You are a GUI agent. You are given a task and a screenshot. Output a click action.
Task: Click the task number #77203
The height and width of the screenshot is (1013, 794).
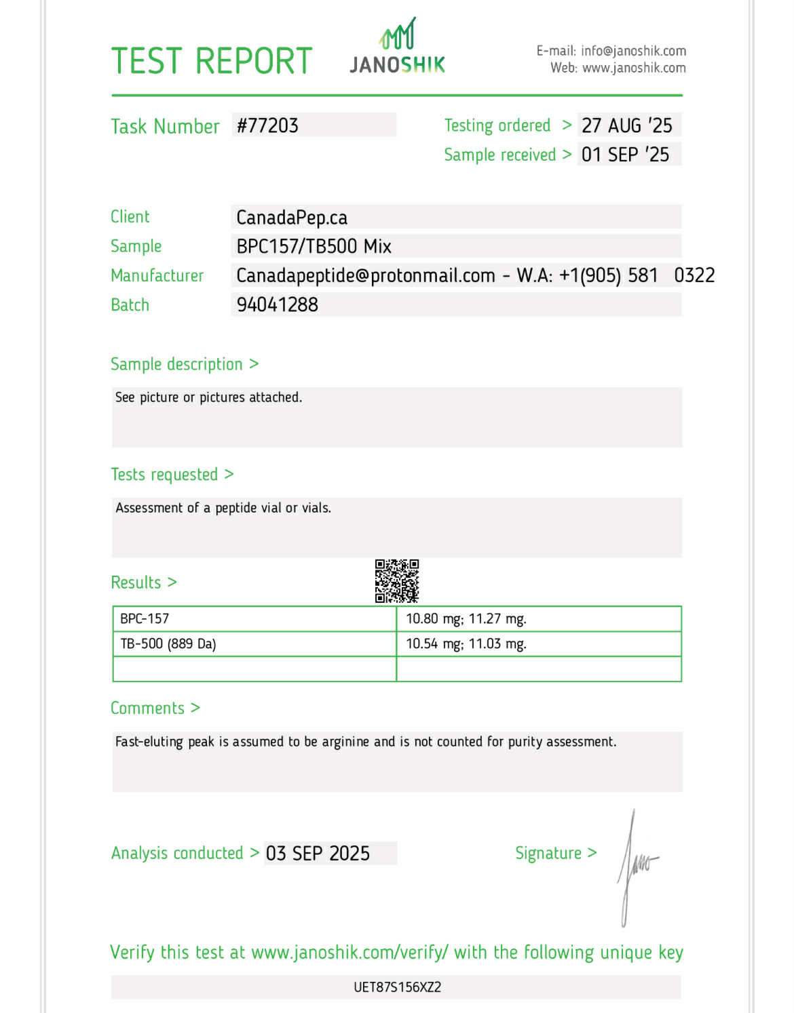pyautogui.click(x=267, y=125)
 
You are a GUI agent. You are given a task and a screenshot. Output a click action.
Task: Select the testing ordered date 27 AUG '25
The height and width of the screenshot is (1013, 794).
pyautogui.click(x=626, y=125)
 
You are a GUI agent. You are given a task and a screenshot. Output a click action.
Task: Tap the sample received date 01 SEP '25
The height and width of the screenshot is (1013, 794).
pyautogui.click(x=625, y=155)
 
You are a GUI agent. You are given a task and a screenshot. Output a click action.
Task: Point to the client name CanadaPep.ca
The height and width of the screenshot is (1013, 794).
pyautogui.click(x=292, y=218)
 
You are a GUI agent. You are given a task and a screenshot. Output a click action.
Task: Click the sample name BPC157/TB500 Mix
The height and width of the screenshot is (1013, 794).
pyautogui.click(x=314, y=246)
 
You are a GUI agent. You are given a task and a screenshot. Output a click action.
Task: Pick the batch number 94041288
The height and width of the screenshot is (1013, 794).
pyautogui.click(x=277, y=304)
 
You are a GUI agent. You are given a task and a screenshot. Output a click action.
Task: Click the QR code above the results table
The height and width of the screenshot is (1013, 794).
pyautogui.click(x=397, y=581)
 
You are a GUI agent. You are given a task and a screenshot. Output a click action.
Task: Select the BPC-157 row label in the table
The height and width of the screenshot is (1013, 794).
pyautogui.click(x=145, y=618)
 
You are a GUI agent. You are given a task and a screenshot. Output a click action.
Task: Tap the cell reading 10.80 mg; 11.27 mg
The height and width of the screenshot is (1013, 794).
pyautogui.click(x=466, y=618)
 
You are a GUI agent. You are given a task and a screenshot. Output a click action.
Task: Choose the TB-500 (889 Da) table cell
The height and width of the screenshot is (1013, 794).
pyautogui.click(x=168, y=643)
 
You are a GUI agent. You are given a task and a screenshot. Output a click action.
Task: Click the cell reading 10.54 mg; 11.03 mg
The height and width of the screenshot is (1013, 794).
pyautogui.click(x=466, y=643)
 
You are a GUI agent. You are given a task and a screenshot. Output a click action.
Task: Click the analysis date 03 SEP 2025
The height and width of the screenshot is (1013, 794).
pyautogui.click(x=318, y=853)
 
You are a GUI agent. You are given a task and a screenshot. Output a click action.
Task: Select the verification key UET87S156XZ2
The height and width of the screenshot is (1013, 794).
pyautogui.click(x=397, y=987)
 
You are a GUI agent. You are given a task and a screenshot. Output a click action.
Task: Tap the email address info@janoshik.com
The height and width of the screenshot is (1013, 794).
pyautogui.click(x=633, y=51)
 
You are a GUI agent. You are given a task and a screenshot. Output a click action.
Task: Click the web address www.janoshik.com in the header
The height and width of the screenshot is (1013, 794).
pyautogui.click(x=634, y=68)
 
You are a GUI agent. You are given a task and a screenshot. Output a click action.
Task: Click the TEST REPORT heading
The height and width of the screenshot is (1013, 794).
pyautogui.click(x=211, y=61)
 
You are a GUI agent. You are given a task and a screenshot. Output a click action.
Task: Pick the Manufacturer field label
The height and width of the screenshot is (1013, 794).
pyautogui.click(x=157, y=275)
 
